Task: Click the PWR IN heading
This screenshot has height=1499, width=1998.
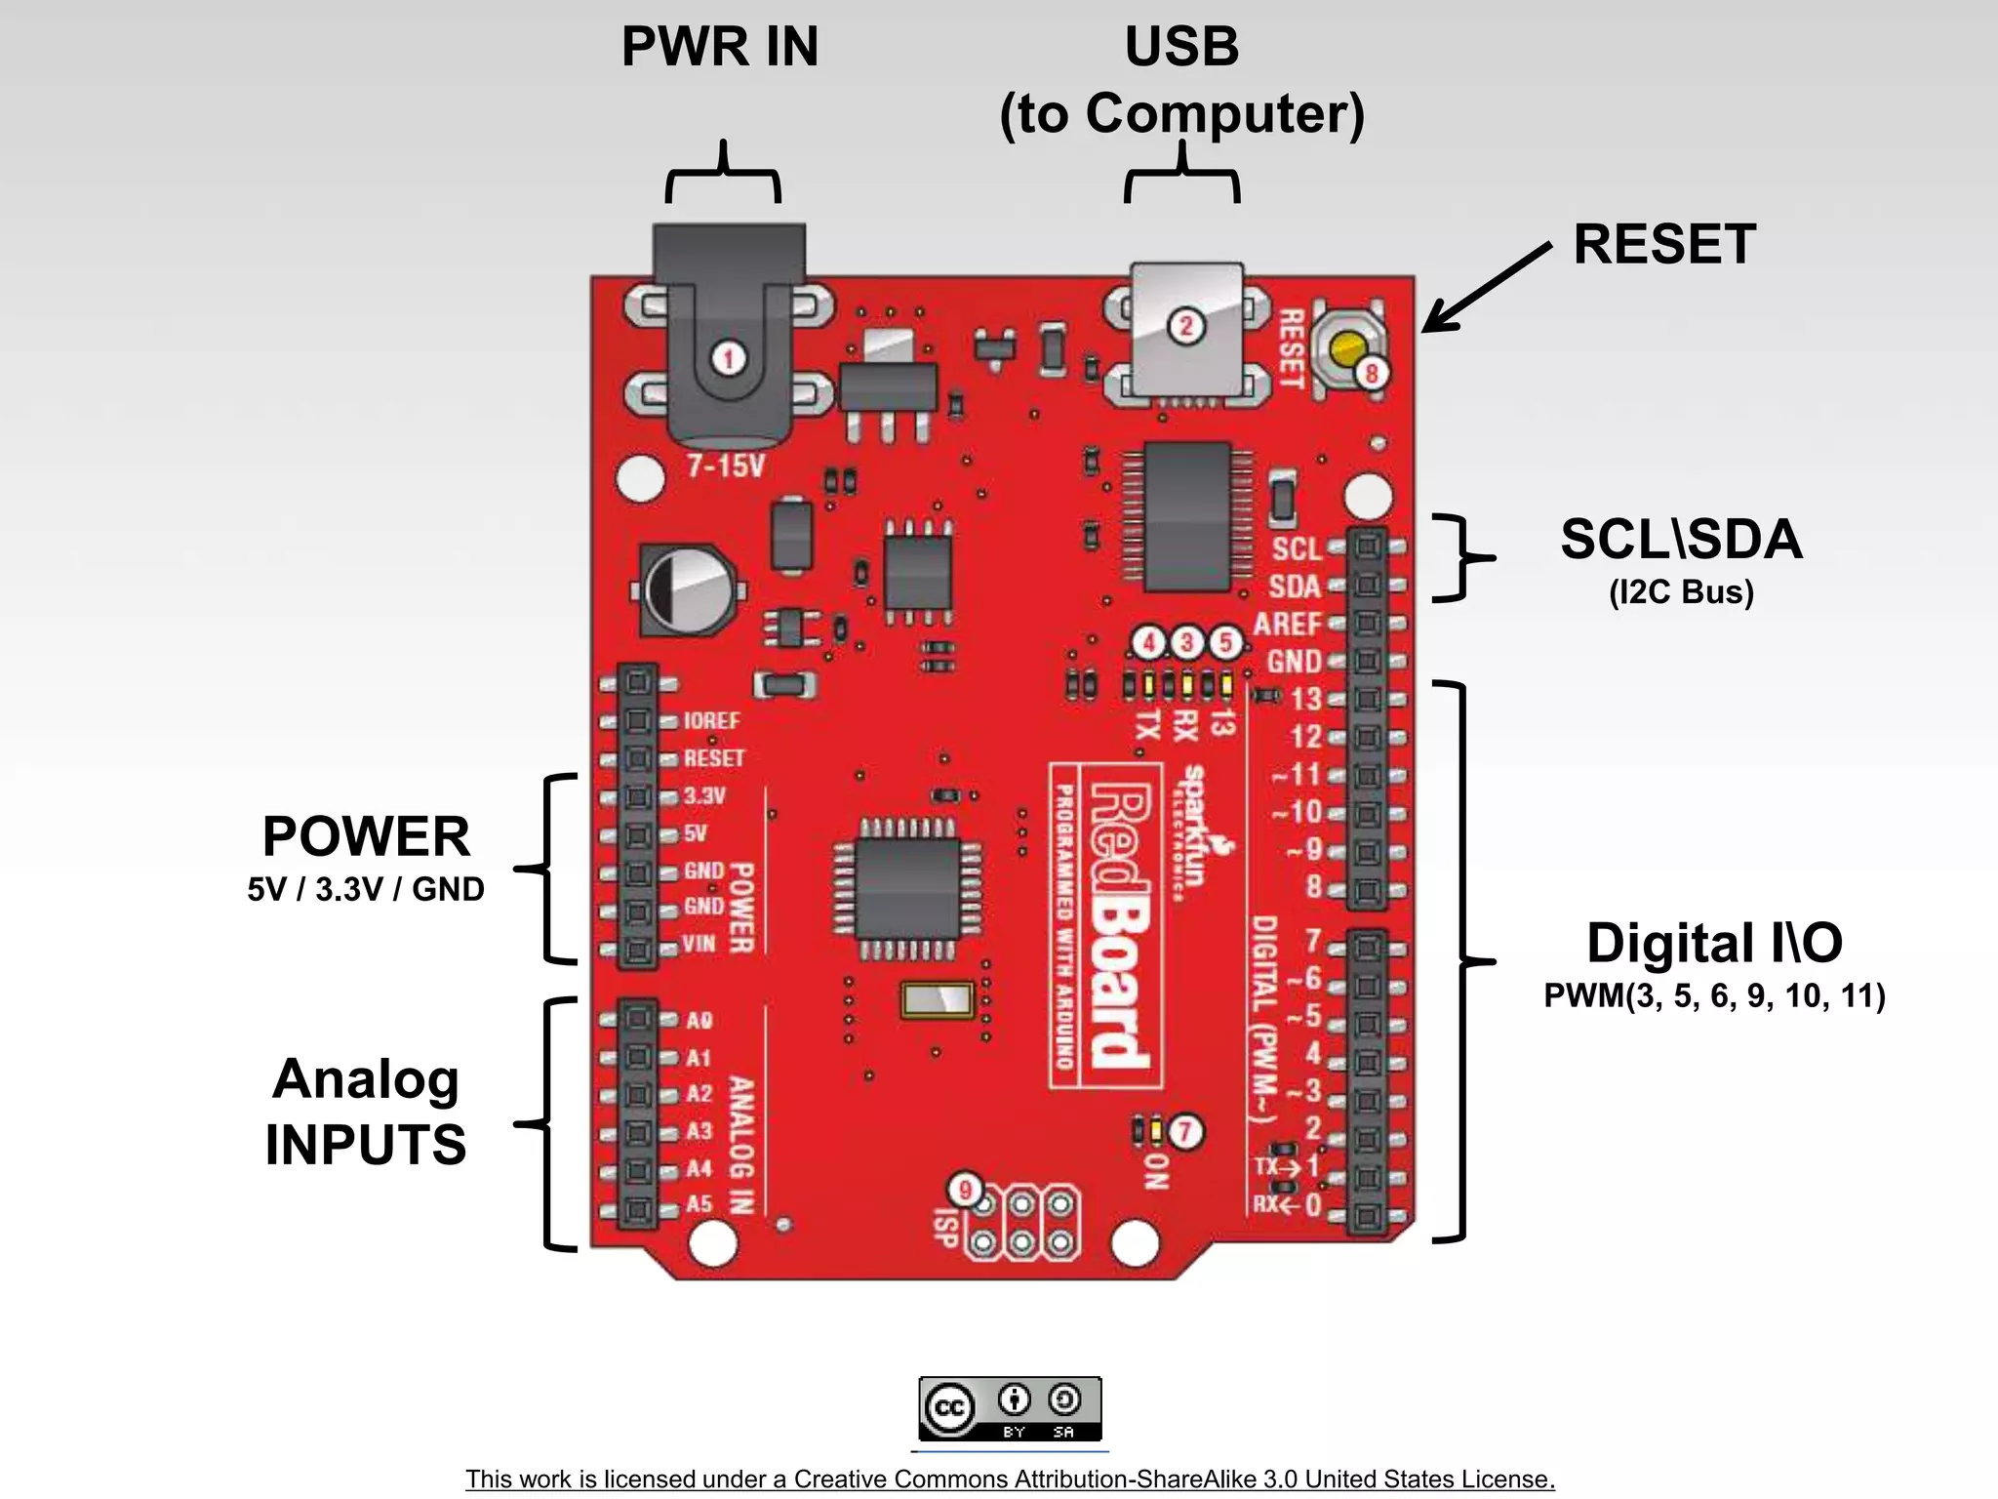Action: [x=720, y=47]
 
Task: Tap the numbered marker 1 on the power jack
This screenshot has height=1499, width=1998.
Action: [x=728, y=358]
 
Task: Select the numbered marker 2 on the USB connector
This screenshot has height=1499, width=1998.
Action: [x=1186, y=326]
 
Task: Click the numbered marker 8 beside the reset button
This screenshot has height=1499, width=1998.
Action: [x=1372, y=373]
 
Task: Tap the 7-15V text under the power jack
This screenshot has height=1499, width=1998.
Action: [x=725, y=466]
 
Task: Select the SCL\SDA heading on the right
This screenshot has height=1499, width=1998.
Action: [x=1681, y=540]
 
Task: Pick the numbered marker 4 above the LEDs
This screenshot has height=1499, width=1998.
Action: [x=1149, y=642]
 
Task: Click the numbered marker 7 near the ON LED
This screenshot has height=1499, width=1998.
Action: [x=1185, y=1132]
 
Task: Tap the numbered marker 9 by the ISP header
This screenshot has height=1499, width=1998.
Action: [x=966, y=1190]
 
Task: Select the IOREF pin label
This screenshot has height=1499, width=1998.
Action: [x=711, y=721]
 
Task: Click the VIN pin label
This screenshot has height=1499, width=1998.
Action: [x=699, y=944]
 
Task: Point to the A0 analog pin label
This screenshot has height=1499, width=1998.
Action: [x=699, y=1021]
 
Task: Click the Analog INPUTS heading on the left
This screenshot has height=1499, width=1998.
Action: [x=366, y=1112]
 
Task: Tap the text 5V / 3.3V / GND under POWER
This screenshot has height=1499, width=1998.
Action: [x=366, y=890]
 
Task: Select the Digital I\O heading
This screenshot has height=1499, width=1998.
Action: [x=1714, y=944]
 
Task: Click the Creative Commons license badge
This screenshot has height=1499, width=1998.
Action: [x=1010, y=1408]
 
